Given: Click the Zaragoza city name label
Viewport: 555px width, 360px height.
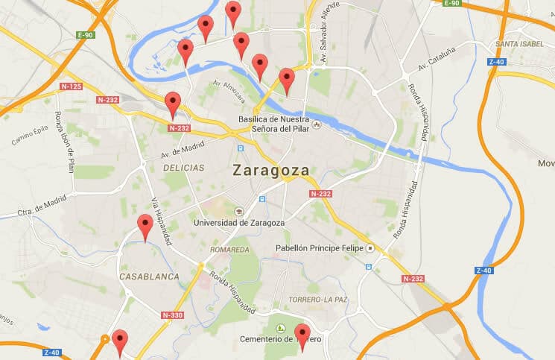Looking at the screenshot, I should click(270, 170).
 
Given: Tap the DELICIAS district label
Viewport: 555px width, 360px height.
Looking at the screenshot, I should click(183, 168).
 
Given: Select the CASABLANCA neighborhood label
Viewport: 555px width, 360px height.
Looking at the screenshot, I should click(149, 277).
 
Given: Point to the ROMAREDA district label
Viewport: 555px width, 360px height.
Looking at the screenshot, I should click(229, 249).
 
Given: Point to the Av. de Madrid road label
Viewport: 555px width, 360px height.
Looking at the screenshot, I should click(183, 150).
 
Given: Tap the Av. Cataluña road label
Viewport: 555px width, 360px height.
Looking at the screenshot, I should click(436, 63).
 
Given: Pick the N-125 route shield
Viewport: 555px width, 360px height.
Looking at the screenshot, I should click(71, 86).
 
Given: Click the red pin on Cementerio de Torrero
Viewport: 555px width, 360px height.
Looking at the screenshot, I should click(302, 336).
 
